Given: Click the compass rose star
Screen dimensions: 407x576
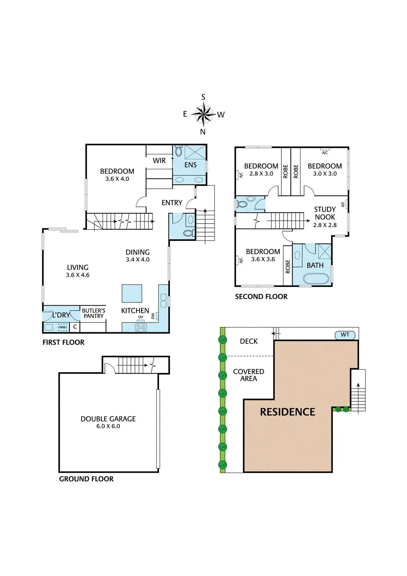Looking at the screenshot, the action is tap(203, 114).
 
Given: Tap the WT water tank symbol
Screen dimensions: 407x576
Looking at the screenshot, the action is tap(345, 335).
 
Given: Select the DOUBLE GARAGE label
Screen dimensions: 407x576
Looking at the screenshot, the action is tap(108, 419).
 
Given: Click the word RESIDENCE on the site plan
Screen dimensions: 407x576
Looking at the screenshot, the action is tap(288, 412).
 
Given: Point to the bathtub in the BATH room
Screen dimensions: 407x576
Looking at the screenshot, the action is tap(316, 279).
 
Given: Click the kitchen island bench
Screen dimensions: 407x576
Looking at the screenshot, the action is tap(132, 293).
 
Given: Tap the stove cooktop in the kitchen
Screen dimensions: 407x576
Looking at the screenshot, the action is tap(141, 327).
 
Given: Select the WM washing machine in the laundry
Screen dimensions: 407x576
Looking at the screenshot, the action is tap(63, 327).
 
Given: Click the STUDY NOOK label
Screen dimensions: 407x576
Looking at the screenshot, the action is tap(325, 213).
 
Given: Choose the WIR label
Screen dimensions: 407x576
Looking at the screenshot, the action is tap(159, 161).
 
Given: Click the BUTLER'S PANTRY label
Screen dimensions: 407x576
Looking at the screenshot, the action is tap(94, 313).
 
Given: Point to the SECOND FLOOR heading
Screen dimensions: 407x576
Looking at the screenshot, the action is tap(261, 297).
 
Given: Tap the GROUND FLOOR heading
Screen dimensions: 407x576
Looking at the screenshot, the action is tap(86, 479).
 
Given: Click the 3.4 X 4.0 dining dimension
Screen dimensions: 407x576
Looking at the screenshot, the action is tap(137, 260).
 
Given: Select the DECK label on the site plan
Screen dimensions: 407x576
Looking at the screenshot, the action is tap(249, 341).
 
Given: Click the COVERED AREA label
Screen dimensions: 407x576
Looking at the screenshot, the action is tap(249, 375).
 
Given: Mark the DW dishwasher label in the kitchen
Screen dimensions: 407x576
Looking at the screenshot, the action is tap(153, 316).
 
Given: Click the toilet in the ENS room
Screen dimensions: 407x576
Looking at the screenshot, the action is tap(178, 151).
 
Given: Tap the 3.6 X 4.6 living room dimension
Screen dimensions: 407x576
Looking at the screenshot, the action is tap(78, 275).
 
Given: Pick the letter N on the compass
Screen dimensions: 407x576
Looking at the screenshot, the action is tap(203, 132).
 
